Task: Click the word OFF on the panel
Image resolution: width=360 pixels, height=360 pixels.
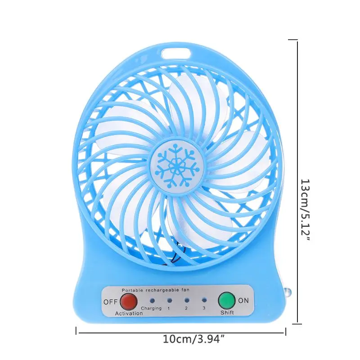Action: pos(110,302)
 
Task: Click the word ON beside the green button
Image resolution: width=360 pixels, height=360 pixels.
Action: pos(243,301)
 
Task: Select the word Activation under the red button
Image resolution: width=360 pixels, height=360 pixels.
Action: pos(128,313)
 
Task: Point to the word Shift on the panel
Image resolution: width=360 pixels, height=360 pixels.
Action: pos(227,312)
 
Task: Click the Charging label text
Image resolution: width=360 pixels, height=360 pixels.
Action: pos(151,308)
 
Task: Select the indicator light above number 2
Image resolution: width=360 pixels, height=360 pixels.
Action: pos(186,299)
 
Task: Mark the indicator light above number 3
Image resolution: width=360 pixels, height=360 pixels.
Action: pos(203,299)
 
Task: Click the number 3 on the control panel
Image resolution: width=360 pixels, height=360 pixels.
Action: pos(203,308)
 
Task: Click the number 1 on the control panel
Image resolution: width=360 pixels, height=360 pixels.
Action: pos(169,308)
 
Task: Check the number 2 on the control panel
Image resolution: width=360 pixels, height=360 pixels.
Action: pos(186,308)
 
